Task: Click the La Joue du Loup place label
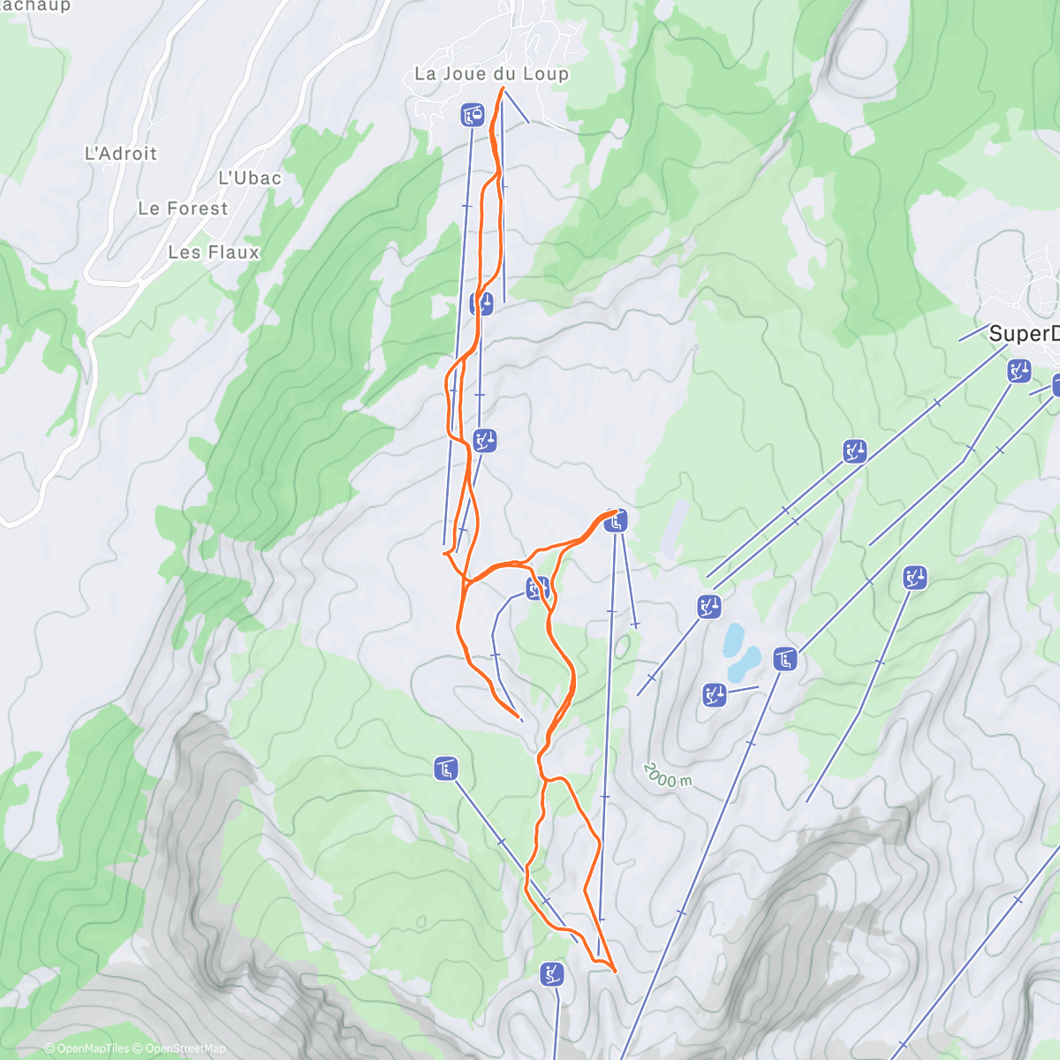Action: [492, 74]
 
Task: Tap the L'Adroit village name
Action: [121, 154]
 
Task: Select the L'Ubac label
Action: [250, 178]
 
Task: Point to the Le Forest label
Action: [183, 209]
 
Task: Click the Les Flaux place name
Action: [214, 253]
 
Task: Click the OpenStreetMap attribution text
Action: [185, 1049]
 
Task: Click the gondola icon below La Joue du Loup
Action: [473, 115]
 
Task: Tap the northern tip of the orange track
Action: [503, 88]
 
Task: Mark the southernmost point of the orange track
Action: [614, 971]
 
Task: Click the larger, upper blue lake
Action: [733, 639]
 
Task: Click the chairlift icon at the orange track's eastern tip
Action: [616, 521]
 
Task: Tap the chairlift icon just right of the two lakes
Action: [785, 659]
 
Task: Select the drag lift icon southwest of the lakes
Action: [715, 694]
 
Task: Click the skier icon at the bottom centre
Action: [552, 974]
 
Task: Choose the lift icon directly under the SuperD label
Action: [1019, 371]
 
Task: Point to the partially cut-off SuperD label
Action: [1023, 334]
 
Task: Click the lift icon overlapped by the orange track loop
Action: [537, 588]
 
